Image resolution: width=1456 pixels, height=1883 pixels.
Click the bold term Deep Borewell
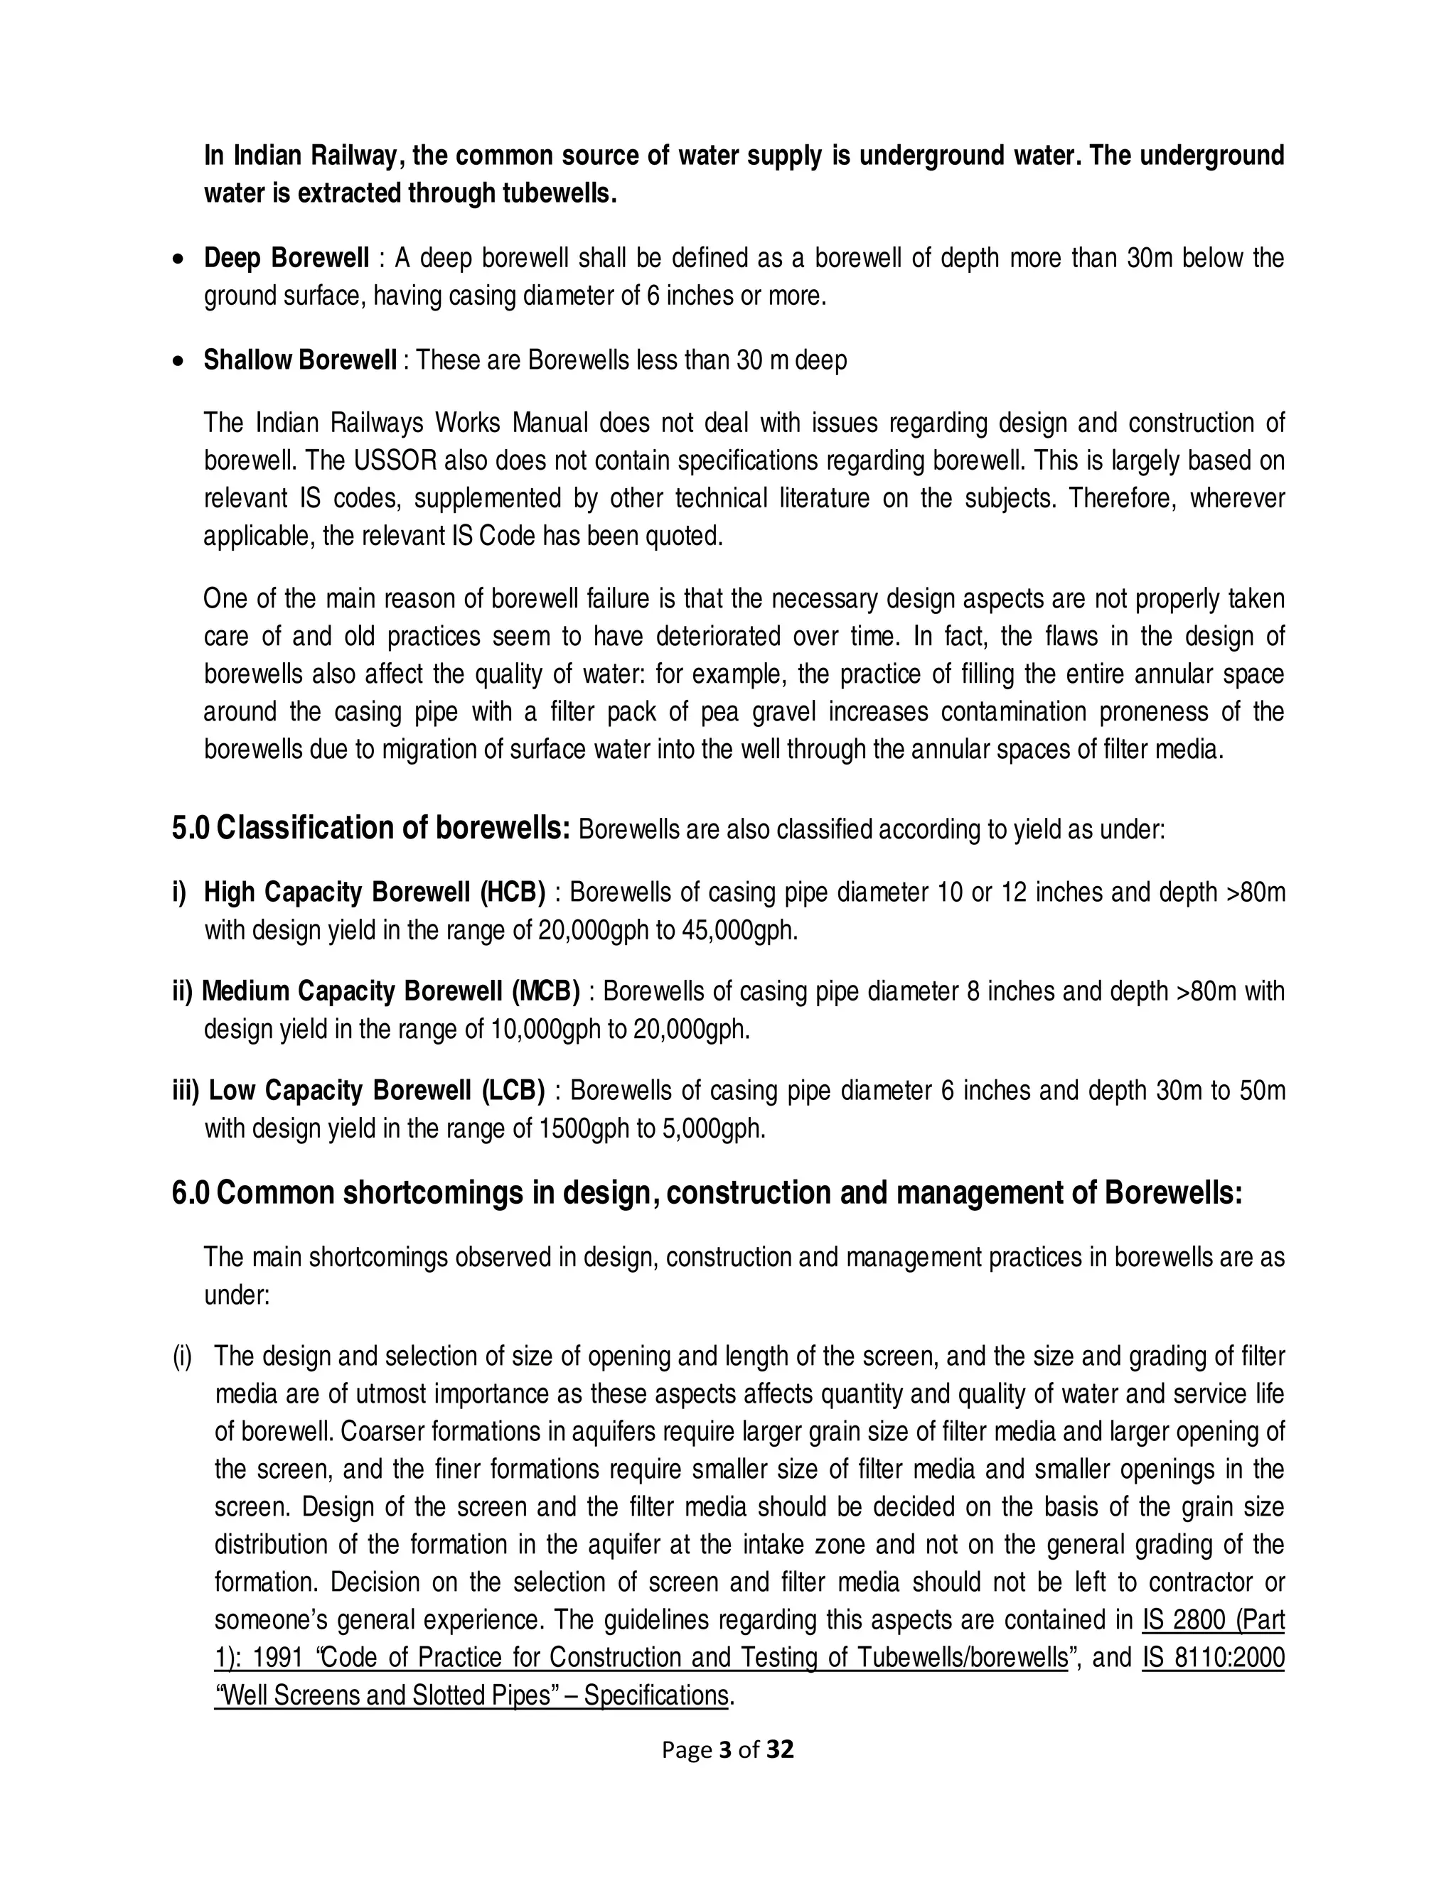tap(286, 258)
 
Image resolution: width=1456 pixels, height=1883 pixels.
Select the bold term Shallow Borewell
tap(299, 360)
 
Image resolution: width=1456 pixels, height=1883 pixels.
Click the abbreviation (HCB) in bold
tap(513, 892)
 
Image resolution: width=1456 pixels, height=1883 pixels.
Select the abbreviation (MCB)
tap(545, 991)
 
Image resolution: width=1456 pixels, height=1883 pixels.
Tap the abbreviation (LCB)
tap(513, 1091)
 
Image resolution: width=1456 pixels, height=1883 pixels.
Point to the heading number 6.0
tap(191, 1193)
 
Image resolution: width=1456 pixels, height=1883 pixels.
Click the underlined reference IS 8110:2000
tap(1213, 1657)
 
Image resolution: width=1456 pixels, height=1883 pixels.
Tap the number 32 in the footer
tap(780, 1749)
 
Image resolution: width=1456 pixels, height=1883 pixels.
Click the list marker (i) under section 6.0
tap(182, 1356)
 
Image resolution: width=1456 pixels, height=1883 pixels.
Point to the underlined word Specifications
tap(655, 1695)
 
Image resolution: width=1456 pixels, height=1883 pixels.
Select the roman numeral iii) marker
tap(186, 1091)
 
